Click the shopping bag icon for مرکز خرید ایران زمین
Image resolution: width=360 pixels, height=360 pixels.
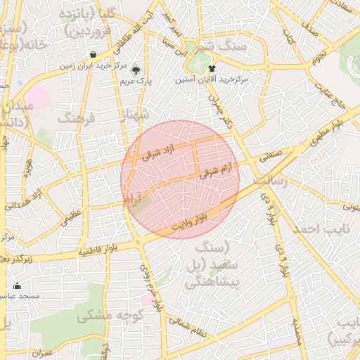point(94,54)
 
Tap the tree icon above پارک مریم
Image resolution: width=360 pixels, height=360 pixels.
point(136,70)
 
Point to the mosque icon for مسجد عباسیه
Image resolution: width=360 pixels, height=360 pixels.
point(18,286)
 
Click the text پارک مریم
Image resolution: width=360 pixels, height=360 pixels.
point(136,82)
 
